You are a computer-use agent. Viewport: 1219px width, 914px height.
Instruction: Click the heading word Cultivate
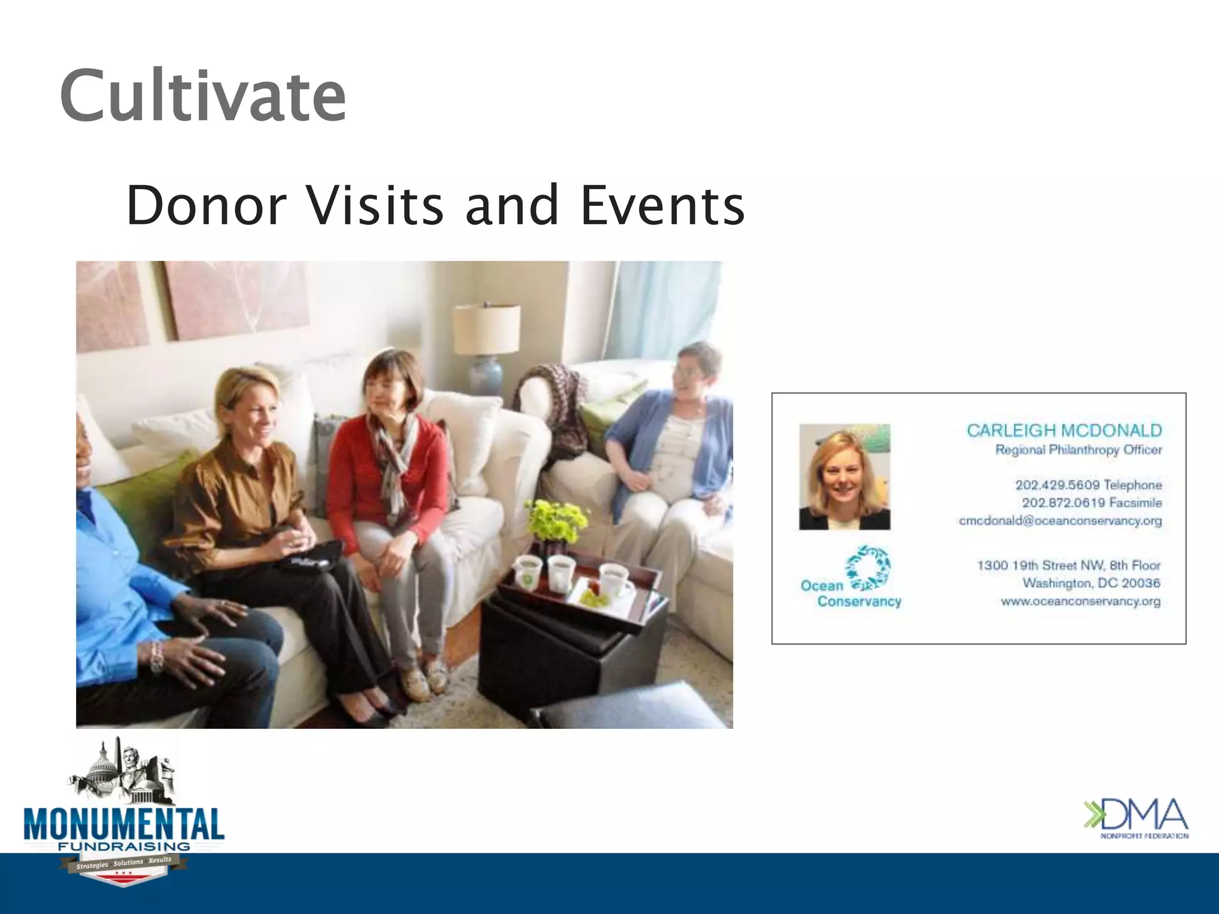(202, 95)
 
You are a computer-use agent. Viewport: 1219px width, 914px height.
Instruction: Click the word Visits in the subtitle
(375, 205)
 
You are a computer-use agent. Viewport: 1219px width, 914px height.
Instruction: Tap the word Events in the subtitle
(662, 205)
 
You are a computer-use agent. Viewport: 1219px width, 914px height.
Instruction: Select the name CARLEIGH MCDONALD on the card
(1064, 430)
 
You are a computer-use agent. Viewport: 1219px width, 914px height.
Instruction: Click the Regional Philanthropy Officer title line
(1078, 450)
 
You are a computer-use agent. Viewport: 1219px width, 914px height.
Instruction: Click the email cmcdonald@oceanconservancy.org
(1060, 521)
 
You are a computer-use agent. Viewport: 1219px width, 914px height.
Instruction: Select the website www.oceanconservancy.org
(1080, 601)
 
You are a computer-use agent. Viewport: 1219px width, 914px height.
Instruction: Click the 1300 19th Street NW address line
(1068, 565)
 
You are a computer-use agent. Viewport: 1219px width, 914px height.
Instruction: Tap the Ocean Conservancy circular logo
(868, 566)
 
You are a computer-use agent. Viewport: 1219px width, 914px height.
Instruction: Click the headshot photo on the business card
(845, 477)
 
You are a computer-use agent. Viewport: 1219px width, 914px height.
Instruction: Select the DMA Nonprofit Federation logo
(1136, 818)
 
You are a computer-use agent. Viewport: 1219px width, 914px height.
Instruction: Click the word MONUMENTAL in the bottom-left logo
(124, 825)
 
